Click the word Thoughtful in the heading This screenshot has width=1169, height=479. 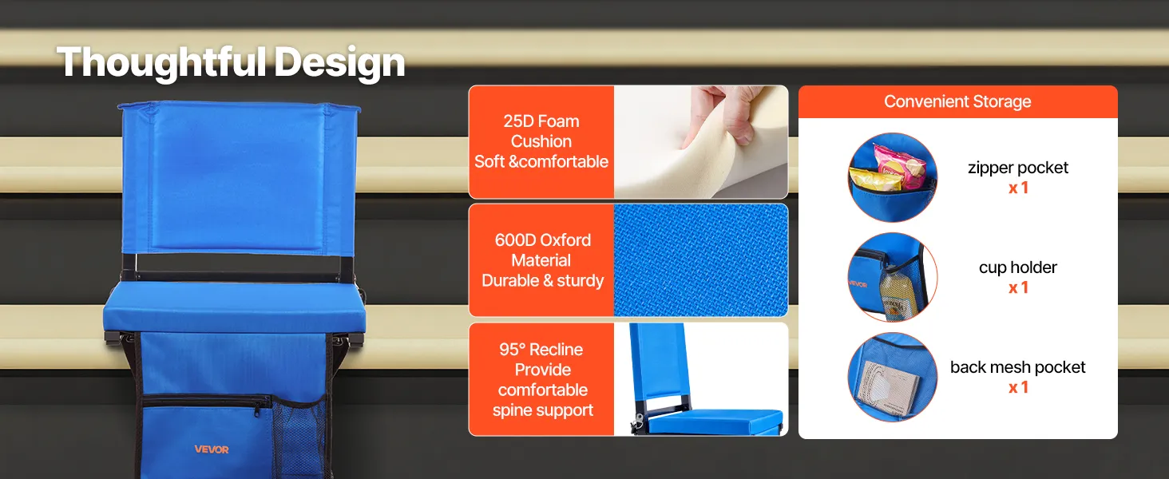pos(162,62)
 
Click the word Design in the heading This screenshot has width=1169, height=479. pos(339,62)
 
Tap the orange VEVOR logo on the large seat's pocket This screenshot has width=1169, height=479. pos(212,449)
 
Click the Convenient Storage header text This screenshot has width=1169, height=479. pos(957,101)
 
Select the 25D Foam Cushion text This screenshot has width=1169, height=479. pos(541,131)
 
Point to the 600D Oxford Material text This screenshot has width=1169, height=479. pos(543,250)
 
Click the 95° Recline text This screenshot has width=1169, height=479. pos(541,349)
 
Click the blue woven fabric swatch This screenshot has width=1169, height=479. pos(701,259)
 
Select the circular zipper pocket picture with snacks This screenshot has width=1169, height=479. pos(893,177)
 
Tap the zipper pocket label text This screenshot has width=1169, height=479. pos(1017,168)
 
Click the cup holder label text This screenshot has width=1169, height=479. pos(1017,267)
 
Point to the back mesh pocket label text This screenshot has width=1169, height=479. pos(1017,366)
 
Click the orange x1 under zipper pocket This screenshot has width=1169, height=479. pos(1018,188)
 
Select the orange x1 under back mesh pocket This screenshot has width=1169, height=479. pos(1018,387)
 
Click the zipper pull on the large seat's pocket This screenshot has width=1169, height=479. pos(256,410)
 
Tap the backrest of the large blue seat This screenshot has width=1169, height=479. pos(240,177)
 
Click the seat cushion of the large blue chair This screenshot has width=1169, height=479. pos(234,308)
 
